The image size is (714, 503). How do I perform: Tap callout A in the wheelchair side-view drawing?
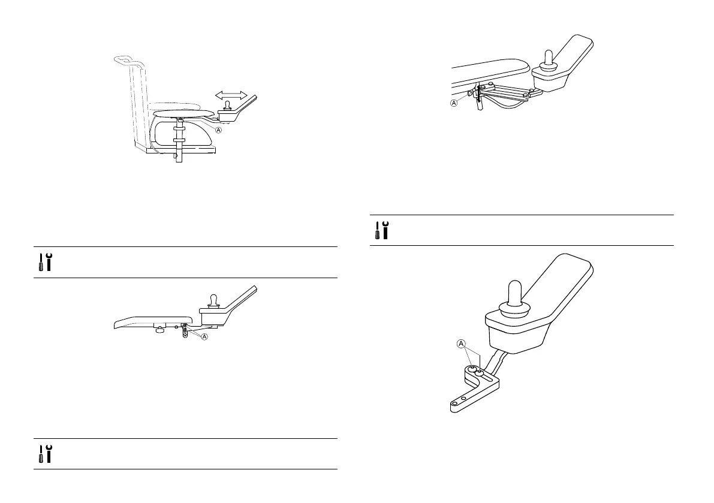click(218, 130)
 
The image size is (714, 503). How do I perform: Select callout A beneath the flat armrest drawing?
click(204, 337)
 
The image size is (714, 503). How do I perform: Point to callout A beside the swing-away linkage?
click(453, 103)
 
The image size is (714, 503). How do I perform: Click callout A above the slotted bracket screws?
click(462, 344)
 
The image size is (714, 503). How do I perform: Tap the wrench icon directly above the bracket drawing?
click(387, 230)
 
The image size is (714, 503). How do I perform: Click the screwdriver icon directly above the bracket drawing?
click(376, 230)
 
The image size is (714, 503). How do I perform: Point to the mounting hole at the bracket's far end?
click(454, 406)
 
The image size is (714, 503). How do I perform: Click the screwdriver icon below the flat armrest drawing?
click(40, 453)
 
